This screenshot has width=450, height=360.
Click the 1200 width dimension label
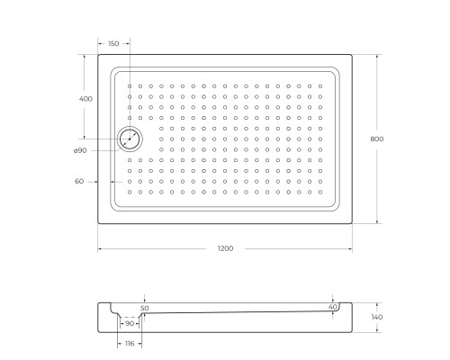[225, 248]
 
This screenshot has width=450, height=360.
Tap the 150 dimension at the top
[113, 44]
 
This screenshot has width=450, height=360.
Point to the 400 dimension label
[85, 98]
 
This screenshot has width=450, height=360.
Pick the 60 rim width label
[79, 181]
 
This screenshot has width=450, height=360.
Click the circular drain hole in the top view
[130, 139]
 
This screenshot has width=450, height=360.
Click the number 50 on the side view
[144, 308]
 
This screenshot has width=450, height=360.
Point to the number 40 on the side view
[333, 308]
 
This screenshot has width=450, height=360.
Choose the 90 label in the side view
[129, 323]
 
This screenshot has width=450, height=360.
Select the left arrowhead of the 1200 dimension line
[100, 248]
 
